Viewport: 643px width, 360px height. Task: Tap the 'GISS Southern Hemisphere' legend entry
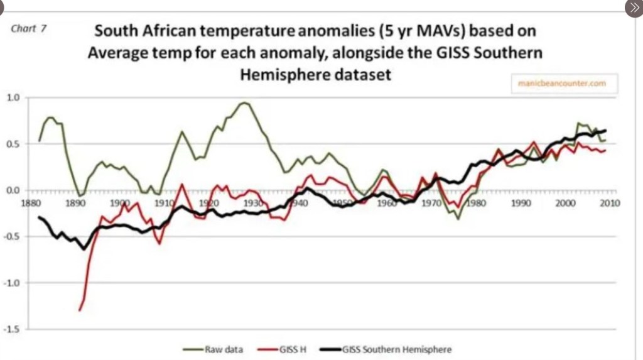point(397,349)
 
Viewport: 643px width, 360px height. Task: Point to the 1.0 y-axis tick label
point(13,97)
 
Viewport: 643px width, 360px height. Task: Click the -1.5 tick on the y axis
point(13,329)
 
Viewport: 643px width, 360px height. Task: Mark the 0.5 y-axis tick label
point(13,144)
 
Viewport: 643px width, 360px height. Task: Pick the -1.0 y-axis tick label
point(13,283)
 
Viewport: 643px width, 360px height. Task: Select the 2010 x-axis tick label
point(610,203)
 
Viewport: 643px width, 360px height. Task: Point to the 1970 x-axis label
point(431,203)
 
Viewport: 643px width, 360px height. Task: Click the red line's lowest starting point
point(80,310)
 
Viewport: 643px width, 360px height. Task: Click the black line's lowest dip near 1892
point(84,249)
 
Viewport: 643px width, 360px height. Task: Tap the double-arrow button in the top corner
point(633,8)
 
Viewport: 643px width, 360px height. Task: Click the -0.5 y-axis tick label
point(13,236)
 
